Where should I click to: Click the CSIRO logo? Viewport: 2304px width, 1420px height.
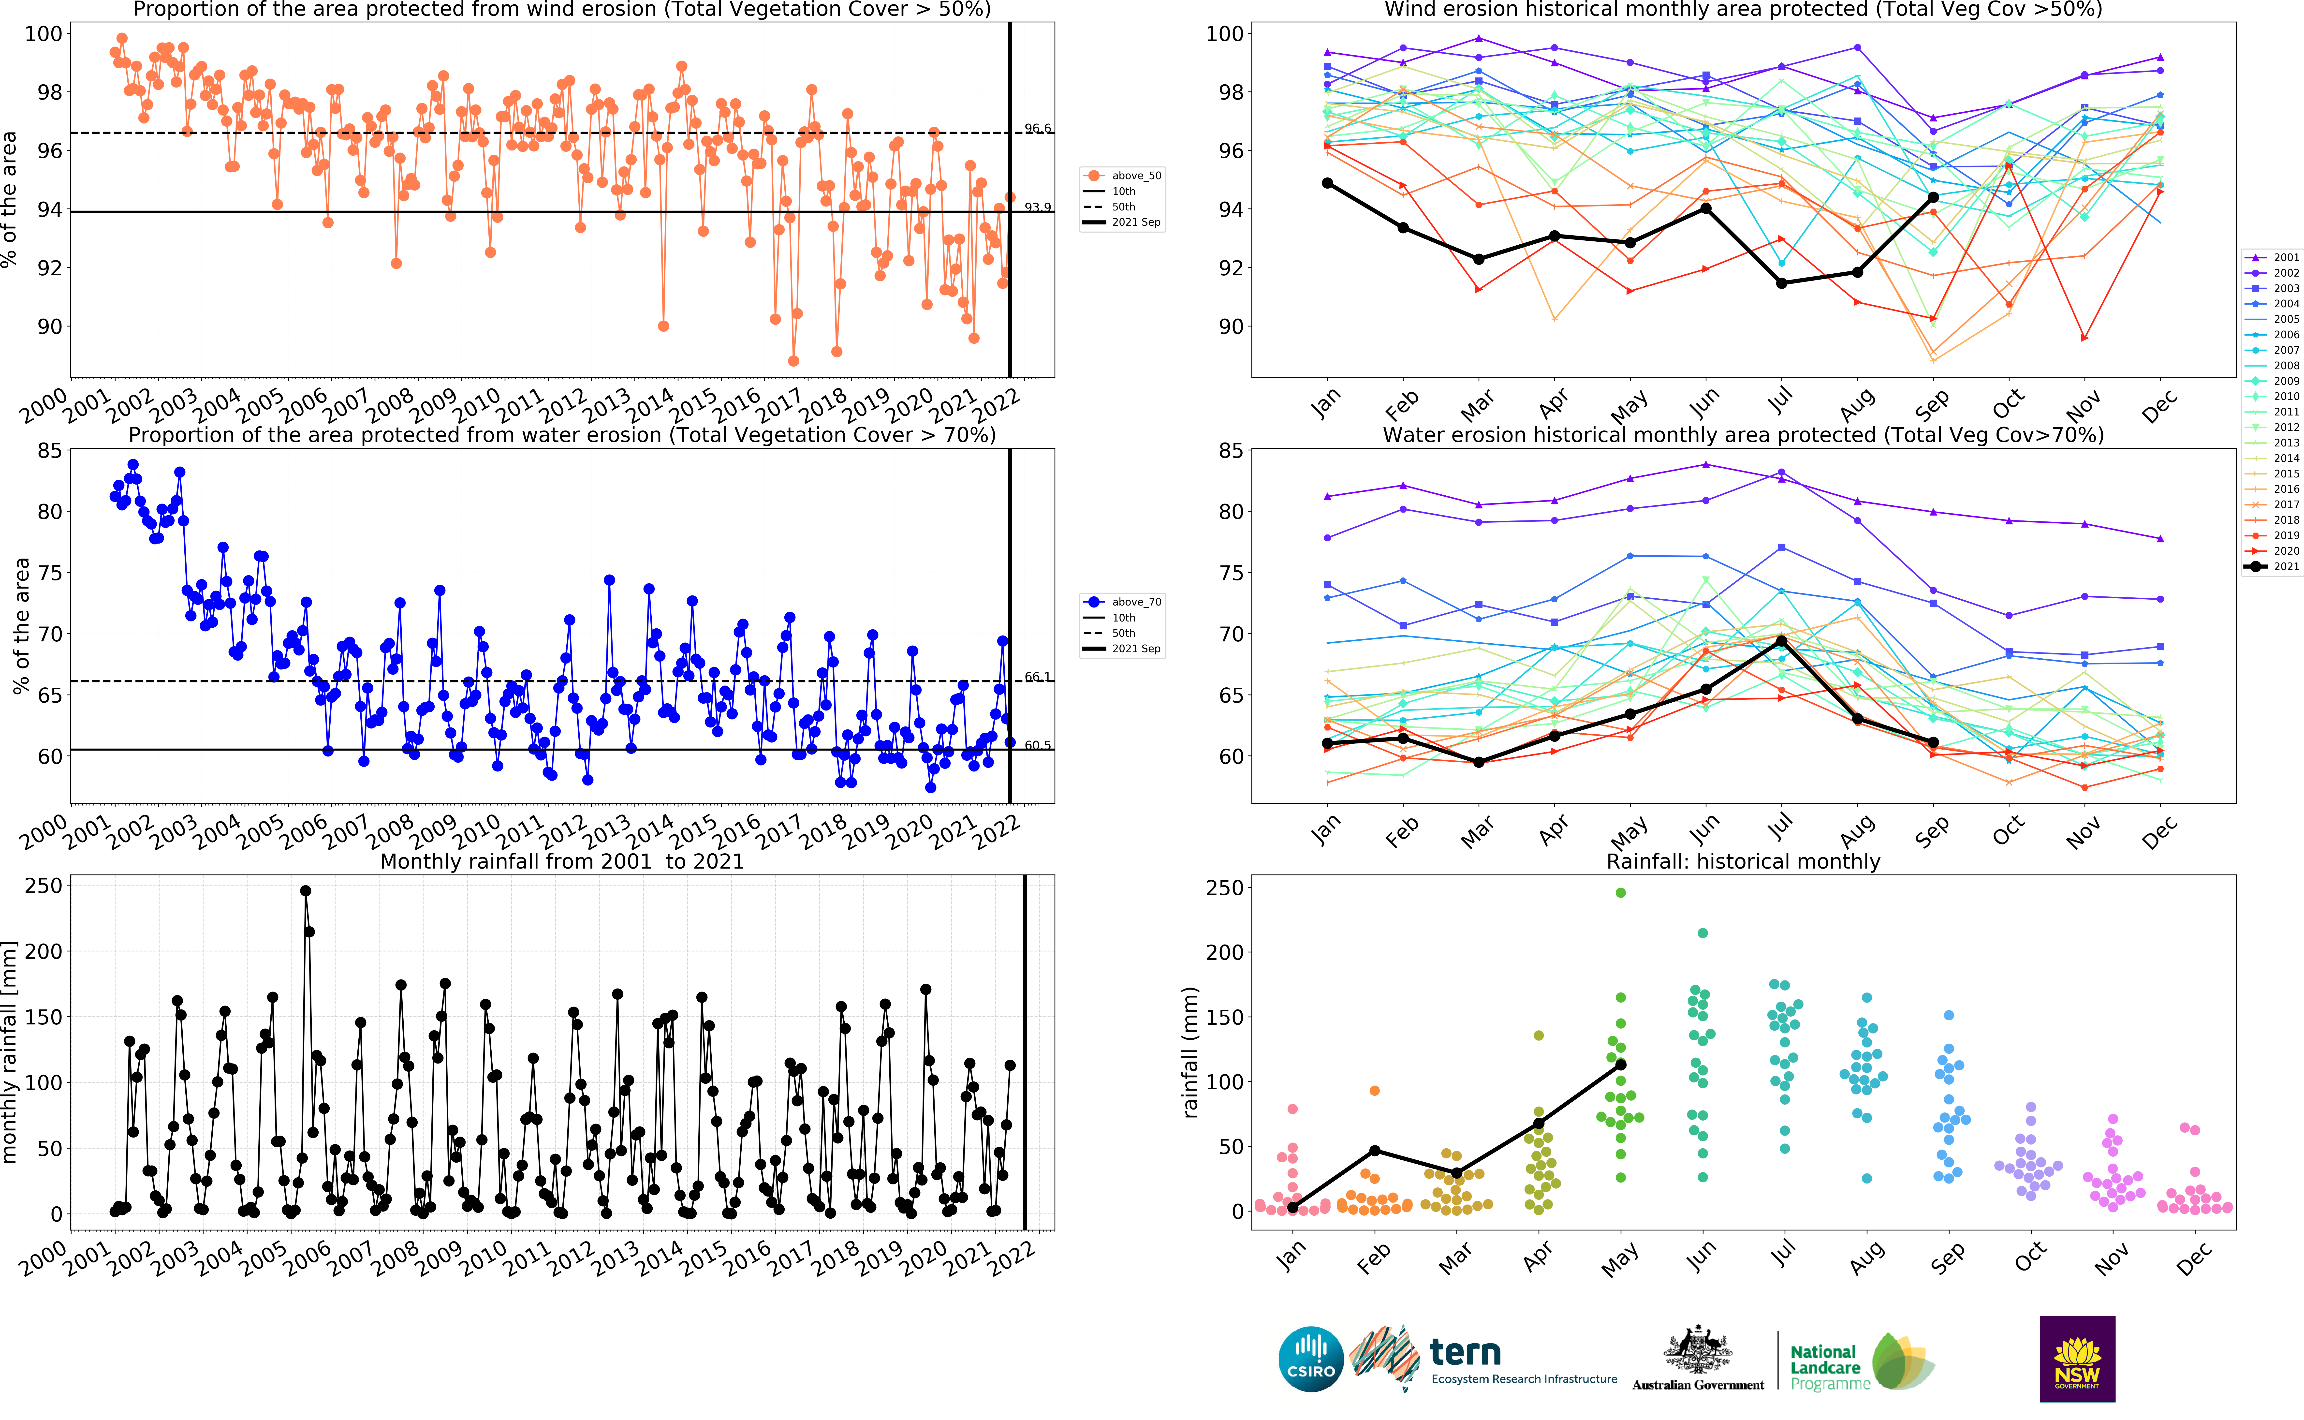tap(1311, 1359)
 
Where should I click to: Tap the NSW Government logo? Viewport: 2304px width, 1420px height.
tap(2077, 1359)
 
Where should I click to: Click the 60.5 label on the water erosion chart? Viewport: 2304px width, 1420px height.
tap(1038, 745)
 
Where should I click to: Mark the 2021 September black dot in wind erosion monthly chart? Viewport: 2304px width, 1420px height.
tap(1933, 197)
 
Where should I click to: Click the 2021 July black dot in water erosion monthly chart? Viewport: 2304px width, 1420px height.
tap(1781, 640)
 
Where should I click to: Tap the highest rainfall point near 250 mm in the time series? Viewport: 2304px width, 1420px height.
tap(305, 891)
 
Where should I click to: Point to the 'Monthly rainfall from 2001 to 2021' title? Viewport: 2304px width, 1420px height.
tap(561, 861)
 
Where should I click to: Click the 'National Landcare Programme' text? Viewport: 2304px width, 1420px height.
tap(1827, 1367)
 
